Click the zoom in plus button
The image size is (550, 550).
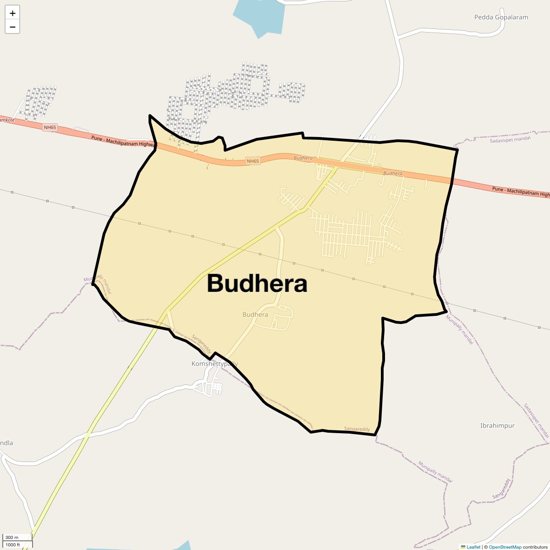(12, 13)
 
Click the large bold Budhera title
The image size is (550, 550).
(257, 284)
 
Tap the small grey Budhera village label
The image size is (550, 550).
(255, 314)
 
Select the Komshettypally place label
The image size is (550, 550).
(214, 363)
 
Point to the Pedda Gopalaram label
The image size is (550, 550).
(501, 17)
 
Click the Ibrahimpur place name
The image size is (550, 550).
(497, 425)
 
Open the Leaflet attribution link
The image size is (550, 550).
(473, 547)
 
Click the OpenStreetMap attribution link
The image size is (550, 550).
(505, 547)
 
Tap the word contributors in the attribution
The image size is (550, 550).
(535, 547)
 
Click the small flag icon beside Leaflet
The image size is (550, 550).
(463, 547)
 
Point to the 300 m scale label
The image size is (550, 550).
(12, 537)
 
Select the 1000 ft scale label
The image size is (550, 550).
(13, 544)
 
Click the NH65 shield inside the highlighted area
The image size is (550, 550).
(253, 161)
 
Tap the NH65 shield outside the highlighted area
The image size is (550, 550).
(49, 127)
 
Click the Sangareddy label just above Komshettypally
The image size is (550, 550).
(201, 343)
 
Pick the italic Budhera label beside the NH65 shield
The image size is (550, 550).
(303, 158)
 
